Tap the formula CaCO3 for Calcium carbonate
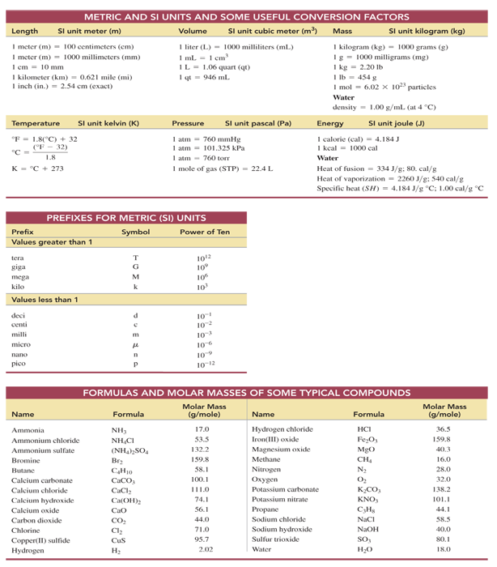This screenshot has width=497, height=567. [128, 480]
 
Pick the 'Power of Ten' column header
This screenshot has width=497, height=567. [206, 232]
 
